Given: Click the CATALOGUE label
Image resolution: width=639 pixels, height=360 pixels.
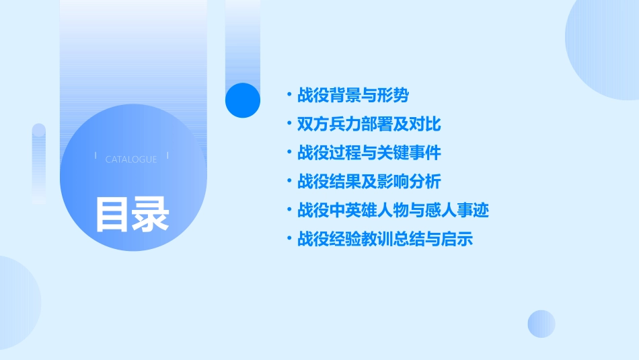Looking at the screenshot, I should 131,159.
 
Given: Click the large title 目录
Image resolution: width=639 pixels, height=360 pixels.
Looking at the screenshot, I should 132,215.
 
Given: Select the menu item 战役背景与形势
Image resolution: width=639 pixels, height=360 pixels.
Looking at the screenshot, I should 352,96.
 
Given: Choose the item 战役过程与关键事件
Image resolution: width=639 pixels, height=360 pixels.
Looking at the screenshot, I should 369,153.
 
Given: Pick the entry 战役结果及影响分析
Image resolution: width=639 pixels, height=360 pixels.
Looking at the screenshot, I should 369,182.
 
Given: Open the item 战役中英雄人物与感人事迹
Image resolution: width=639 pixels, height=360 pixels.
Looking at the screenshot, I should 393,211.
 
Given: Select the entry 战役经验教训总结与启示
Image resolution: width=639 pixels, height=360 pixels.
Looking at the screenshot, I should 385,239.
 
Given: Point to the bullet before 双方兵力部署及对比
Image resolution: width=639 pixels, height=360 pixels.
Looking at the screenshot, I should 289,124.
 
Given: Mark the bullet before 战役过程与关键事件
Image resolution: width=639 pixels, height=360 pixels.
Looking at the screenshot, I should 289,153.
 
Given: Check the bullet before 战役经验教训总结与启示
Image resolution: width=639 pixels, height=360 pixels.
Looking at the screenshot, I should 289,239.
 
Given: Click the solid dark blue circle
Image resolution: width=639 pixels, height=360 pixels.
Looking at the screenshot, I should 243,100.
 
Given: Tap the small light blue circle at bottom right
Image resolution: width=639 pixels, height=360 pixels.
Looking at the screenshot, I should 541,324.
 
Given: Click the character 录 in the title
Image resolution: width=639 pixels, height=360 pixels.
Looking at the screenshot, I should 151,215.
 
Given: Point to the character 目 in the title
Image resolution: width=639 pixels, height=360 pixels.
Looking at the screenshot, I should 112,215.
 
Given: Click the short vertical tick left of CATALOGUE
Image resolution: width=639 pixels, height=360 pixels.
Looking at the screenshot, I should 96,155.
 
